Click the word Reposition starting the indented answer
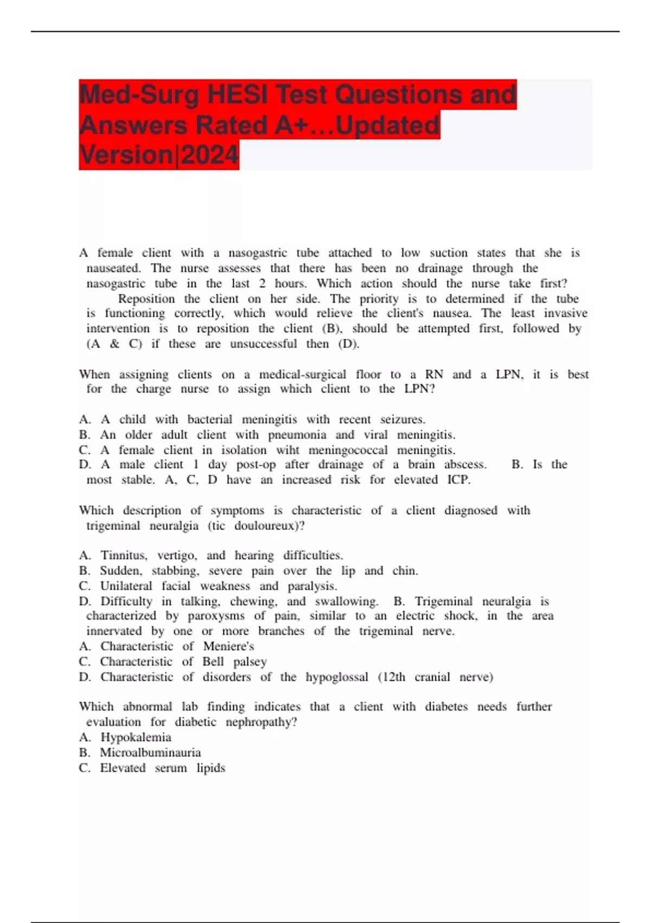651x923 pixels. pos(146,299)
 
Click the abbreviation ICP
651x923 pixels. pos(458,480)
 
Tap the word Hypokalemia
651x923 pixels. pos(136,737)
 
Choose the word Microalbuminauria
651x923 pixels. pos(150,753)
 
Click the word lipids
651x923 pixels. pos(211,768)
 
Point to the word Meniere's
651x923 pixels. pos(228,646)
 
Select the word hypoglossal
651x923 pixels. pos(336,677)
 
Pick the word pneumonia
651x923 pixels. pos(297,435)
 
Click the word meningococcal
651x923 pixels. pos(348,450)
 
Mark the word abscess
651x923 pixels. pos(465,465)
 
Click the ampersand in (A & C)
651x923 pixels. pos(114,344)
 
